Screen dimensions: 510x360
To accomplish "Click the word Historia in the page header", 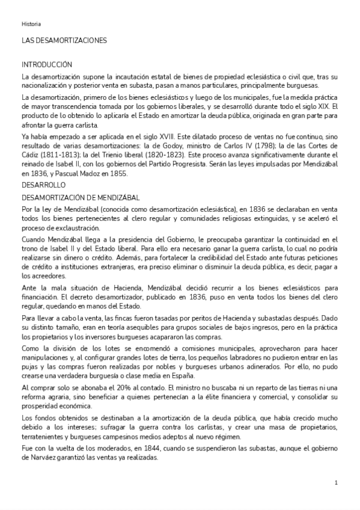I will coord(31,24).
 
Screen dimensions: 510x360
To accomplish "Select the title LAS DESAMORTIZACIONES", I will coord(64,41).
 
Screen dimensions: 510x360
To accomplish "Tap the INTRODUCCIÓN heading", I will coord(47,64).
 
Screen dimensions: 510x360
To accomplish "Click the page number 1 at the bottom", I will coord(337,482).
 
